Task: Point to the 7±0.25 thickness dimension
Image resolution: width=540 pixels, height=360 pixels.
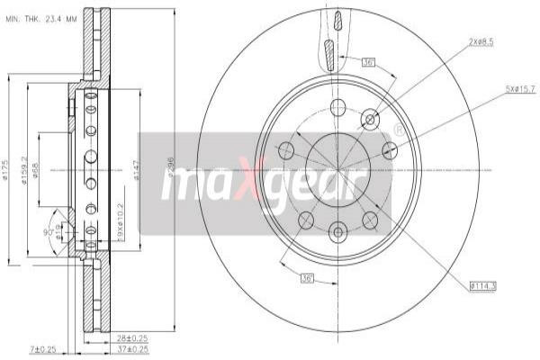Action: tap(41, 349)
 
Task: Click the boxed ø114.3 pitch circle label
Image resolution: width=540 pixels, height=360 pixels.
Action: tap(483, 286)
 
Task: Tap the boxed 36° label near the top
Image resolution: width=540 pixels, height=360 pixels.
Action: tap(367, 63)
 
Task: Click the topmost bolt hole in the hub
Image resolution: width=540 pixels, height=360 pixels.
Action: tap(337, 108)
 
